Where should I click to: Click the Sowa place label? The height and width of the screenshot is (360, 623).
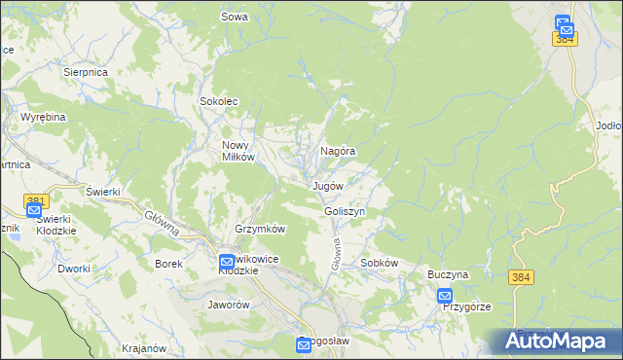point(235,17)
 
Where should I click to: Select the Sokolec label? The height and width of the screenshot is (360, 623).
point(219,100)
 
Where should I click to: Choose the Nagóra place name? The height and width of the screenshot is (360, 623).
point(337,152)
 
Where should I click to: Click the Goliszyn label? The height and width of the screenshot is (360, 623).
point(345,211)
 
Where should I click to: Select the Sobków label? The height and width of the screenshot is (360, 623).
point(380,263)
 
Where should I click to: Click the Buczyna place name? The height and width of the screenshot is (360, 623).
point(448,275)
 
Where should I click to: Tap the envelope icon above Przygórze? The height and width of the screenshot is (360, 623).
point(445,295)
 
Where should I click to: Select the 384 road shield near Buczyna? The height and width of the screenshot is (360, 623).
point(520,278)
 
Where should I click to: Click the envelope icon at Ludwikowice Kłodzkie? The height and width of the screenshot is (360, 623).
point(227,261)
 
